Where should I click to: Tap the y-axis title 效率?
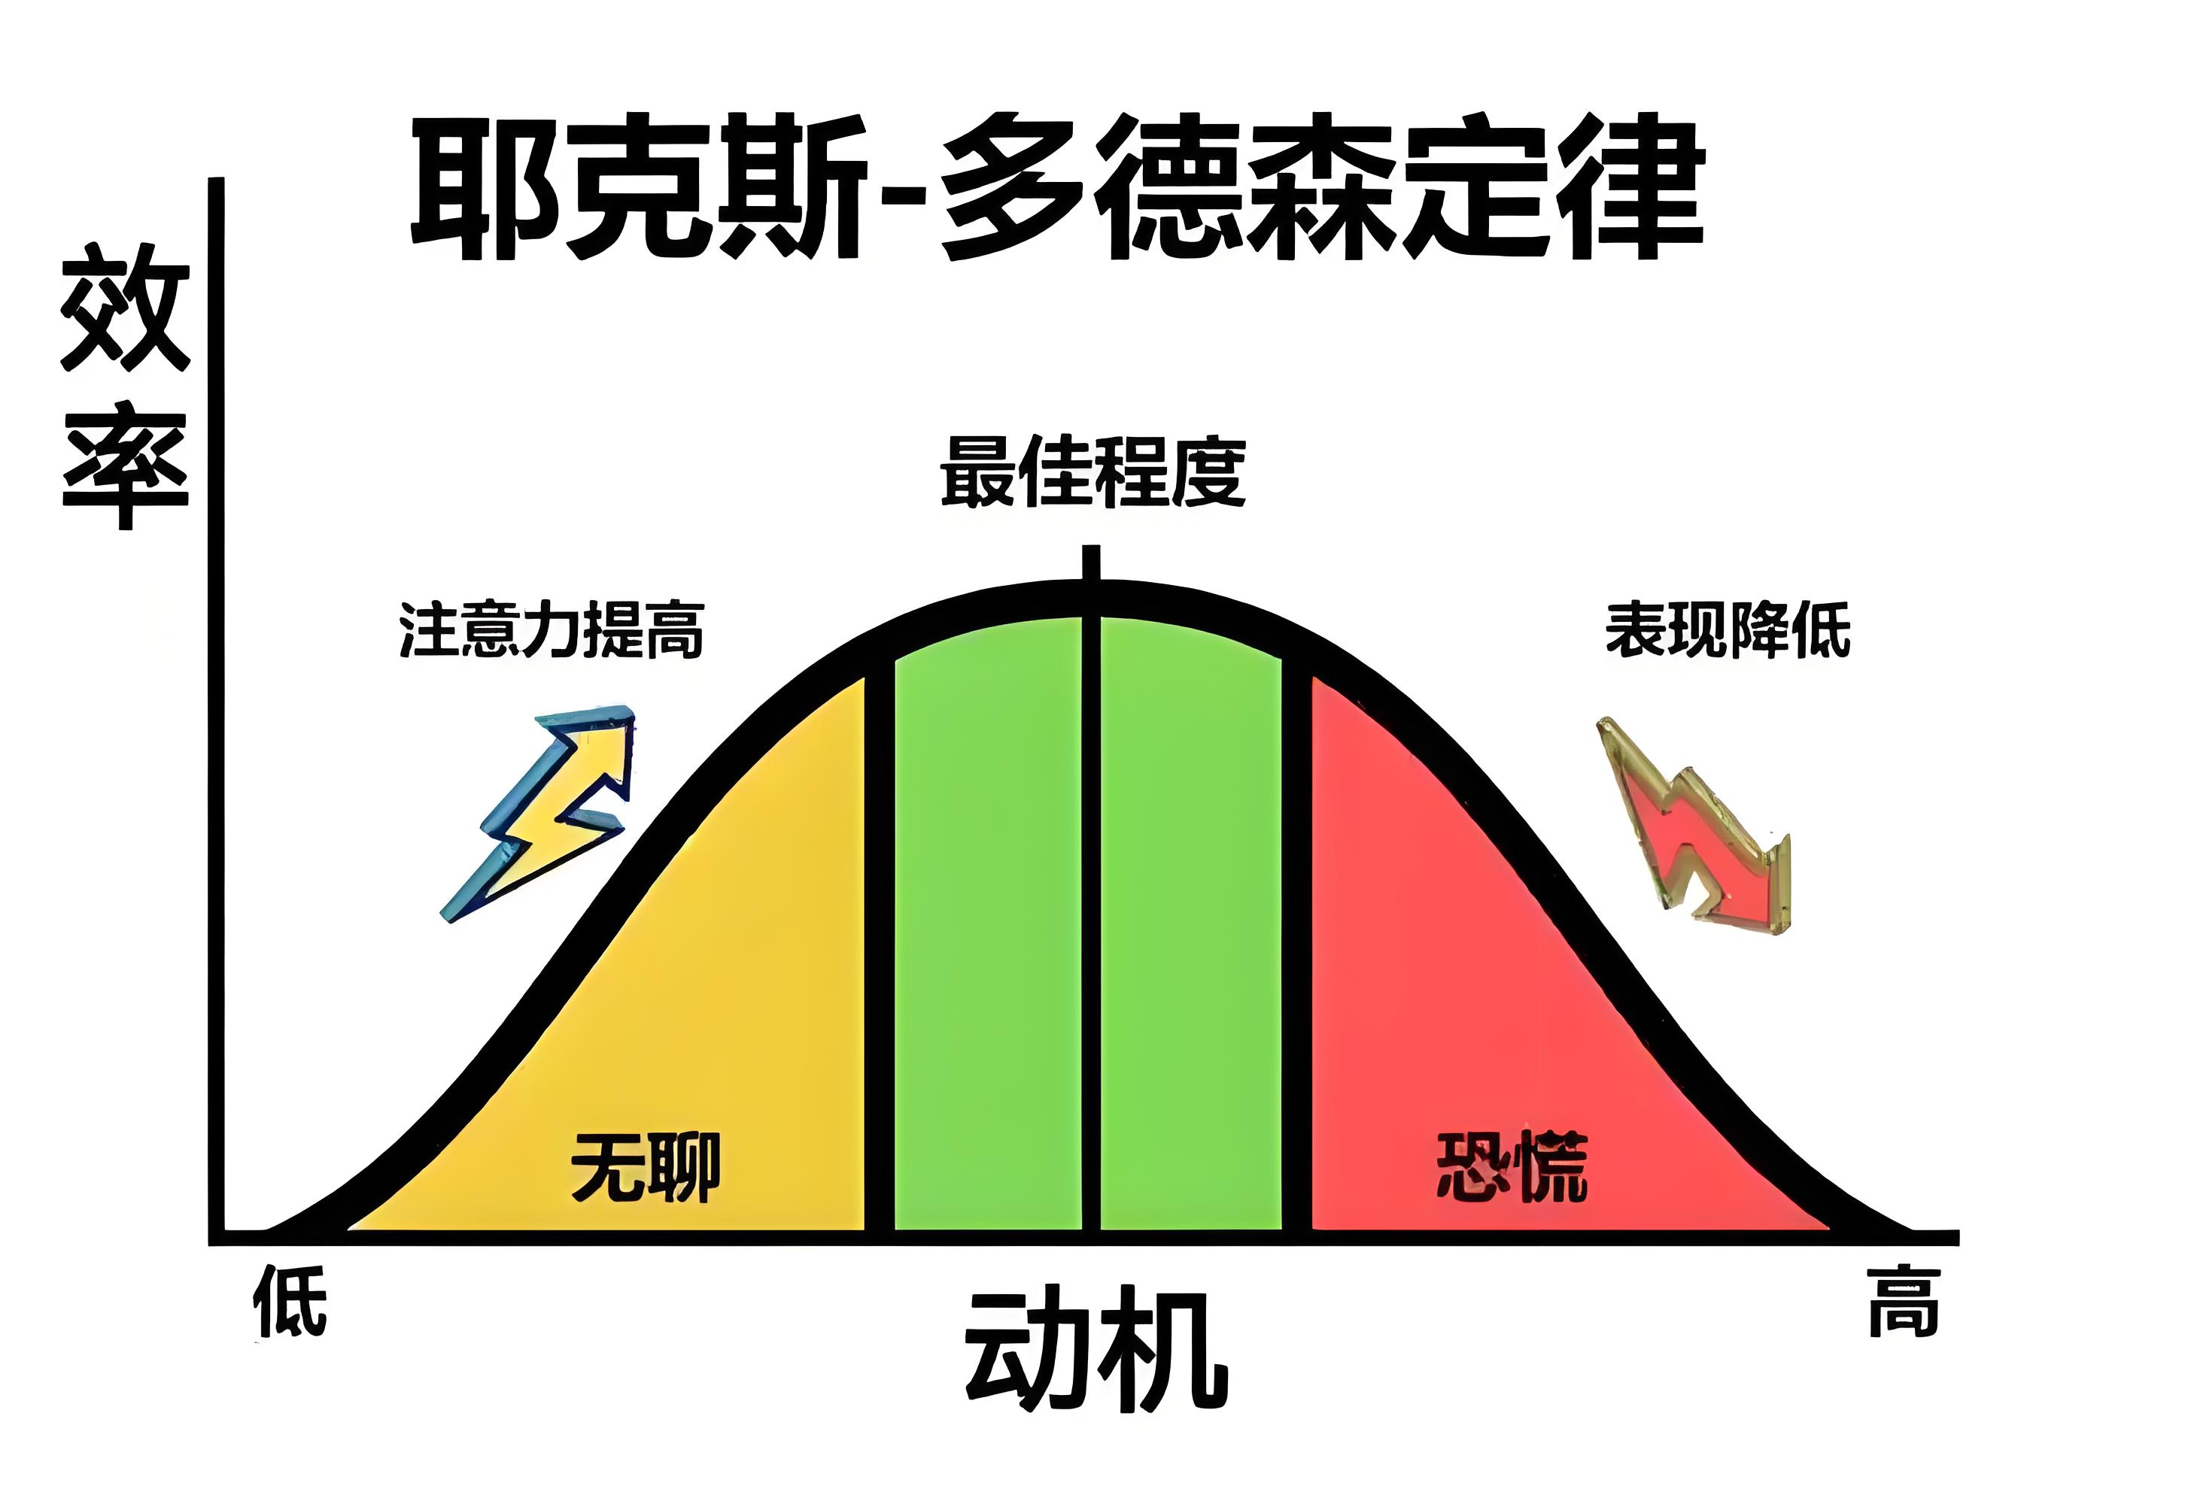[x=126, y=386]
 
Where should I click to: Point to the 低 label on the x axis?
[x=290, y=1302]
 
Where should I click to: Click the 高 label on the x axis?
[x=1904, y=1302]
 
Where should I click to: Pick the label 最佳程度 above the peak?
[x=1092, y=472]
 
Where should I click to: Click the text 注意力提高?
[x=552, y=629]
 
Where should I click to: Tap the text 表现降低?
[x=1728, y=629]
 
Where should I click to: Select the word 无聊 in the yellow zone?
[x=646, y=1166]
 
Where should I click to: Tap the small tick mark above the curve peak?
[x=1092, y=562]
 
